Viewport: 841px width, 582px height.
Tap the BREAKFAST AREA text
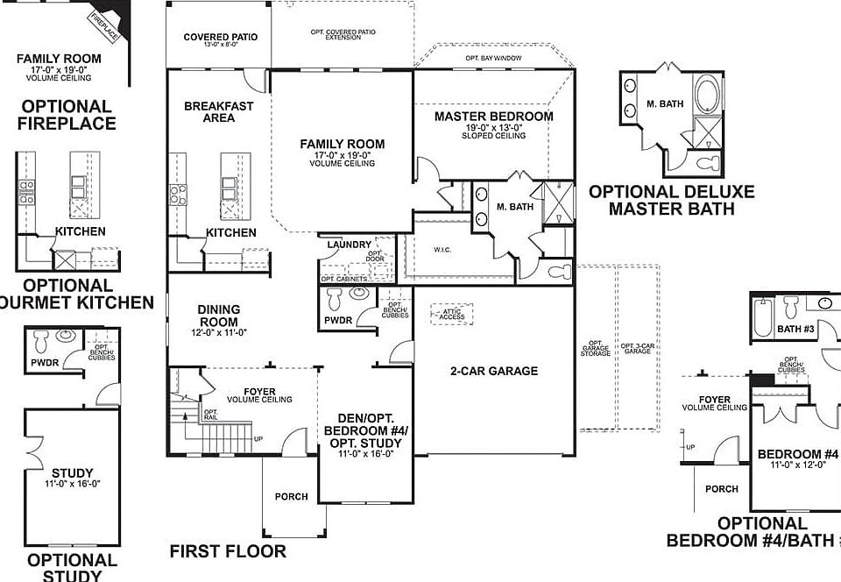pyautogui.click(x=218, y=112)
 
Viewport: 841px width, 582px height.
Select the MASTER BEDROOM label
pyautogui.click(x=493, y=116)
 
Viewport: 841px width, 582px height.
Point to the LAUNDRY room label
pyautogui.click(x=350, y=245)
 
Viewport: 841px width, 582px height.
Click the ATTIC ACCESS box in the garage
pyautogui.click(x=452, y=314)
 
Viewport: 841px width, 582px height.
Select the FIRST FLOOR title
pyautogui.click(x=228, y=551)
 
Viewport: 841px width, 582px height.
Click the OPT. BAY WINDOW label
pyautogui.click(x=493, y=58)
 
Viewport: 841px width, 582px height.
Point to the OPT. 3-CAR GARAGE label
pyautogui.click(x=637, y=348)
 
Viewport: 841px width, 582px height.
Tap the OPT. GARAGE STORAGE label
pyautogui.click(x=597, y=348)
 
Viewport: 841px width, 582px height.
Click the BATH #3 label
pyautogui.click(x=795, y=330)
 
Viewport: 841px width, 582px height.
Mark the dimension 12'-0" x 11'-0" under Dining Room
pyautogui.click(x=218, y=332)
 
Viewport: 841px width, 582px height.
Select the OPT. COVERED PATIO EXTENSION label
pyautogui.click(x=343, y=35)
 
